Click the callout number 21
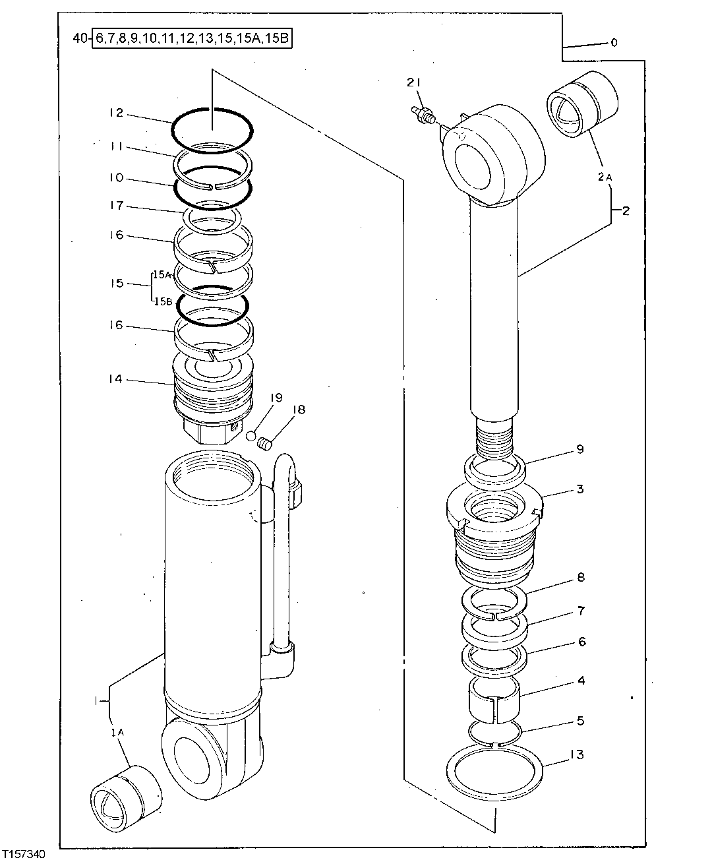pyautogui.click(x=413, y=82)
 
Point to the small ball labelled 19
pyautogui.click(x=251, y=435)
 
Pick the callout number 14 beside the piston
pyautogui.click(x=116, y=379)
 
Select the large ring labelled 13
pyautogui.click(x=494, y=770)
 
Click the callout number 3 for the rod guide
pyautogui.click(x=580, y=489)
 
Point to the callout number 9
pyautogui.click(x=580, y=450)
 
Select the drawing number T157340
pyautogui.click(x=24, y=854)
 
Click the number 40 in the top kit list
pyautogui.click(x=79, y=39)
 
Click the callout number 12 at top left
pyautogui.click(x=116, y=113)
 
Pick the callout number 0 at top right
pyautogui.click(x=614, y=43)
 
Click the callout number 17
pyautogui.click(x=116, y=206)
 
